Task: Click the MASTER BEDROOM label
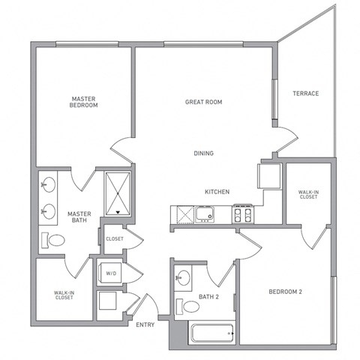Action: click(x=83, y=102)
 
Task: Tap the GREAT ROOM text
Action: click(x=203, y=102)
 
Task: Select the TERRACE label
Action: click(x=306, y=94)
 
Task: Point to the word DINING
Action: click(x=204, y=153)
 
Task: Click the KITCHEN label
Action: click(x=217, y=192)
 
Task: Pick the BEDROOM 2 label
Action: click(x=285, y=292)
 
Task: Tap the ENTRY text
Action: click(x=145, y=325)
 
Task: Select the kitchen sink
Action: click(x=205, y=214)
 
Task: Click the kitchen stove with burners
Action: click(x=243, y=214)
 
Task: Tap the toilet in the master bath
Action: click(x=53, y=240)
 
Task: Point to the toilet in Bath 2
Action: click(x=187, y=307)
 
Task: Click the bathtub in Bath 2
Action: click(x=212, y=333)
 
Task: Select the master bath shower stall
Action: click(x=118, y=193)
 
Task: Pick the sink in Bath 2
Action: click(x=183, y=277)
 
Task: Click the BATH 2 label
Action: click(x=208, y=297)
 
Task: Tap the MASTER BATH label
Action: click(x=79, y=217)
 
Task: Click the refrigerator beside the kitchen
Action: click(x=269, y=176)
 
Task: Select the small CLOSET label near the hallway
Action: click(x=115, y=239)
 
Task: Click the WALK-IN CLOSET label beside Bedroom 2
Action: click(x=308, y=194)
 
